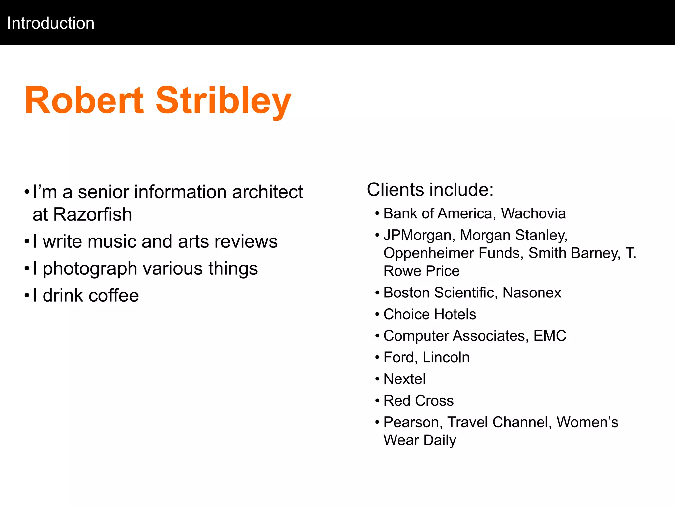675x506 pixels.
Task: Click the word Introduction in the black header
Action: click(x=51, y=23)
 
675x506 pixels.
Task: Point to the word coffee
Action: click(x=114, y=295)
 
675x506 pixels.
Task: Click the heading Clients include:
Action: click(x=430, y=190)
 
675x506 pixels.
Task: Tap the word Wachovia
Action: click(x=533, y=213)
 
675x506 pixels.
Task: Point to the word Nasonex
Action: click(x=532, y=293)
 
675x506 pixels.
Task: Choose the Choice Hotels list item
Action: click(x=430, y=314)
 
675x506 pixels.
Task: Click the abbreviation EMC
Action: click(x=549, y=336)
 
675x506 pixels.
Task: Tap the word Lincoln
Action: click(x=446, y=357)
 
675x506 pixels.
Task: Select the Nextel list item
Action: click(x=404, y=379)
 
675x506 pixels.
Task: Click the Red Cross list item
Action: click(x=419, y=401)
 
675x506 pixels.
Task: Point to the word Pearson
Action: click(x=413, y=422)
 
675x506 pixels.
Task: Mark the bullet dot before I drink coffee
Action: click(x=27, y=295)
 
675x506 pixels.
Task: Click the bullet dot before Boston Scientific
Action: click(x=377, y=293)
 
